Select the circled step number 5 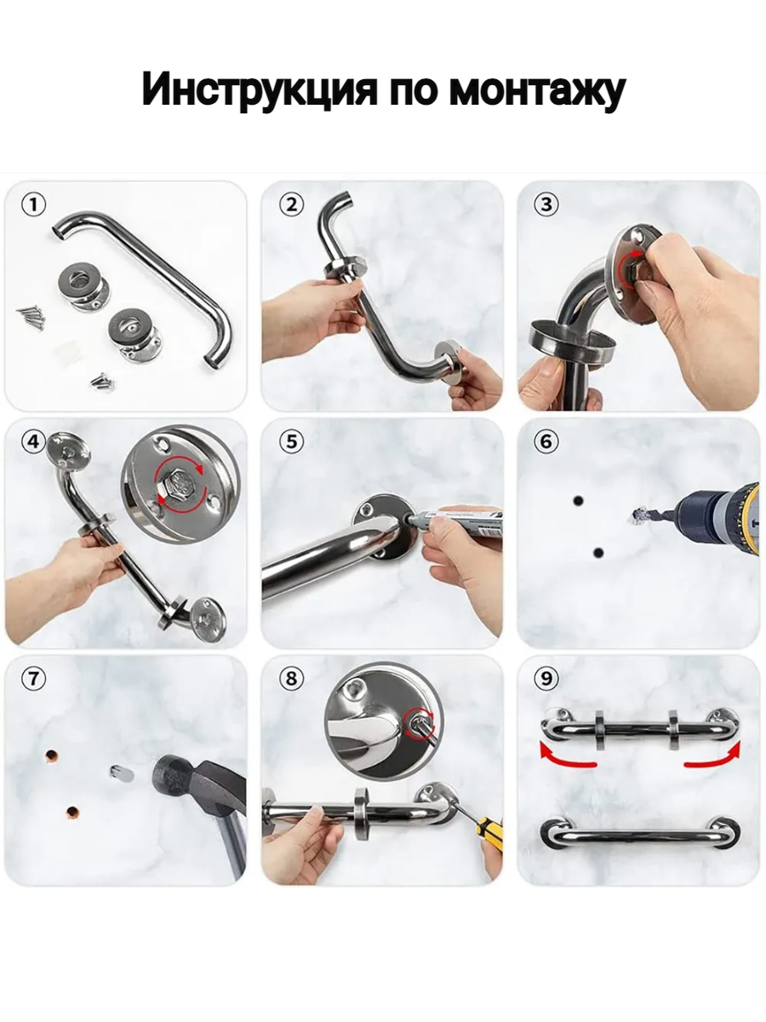point(292,441)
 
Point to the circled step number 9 point(547,679)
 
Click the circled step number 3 point(547,205)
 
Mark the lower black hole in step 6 point(598,554)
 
